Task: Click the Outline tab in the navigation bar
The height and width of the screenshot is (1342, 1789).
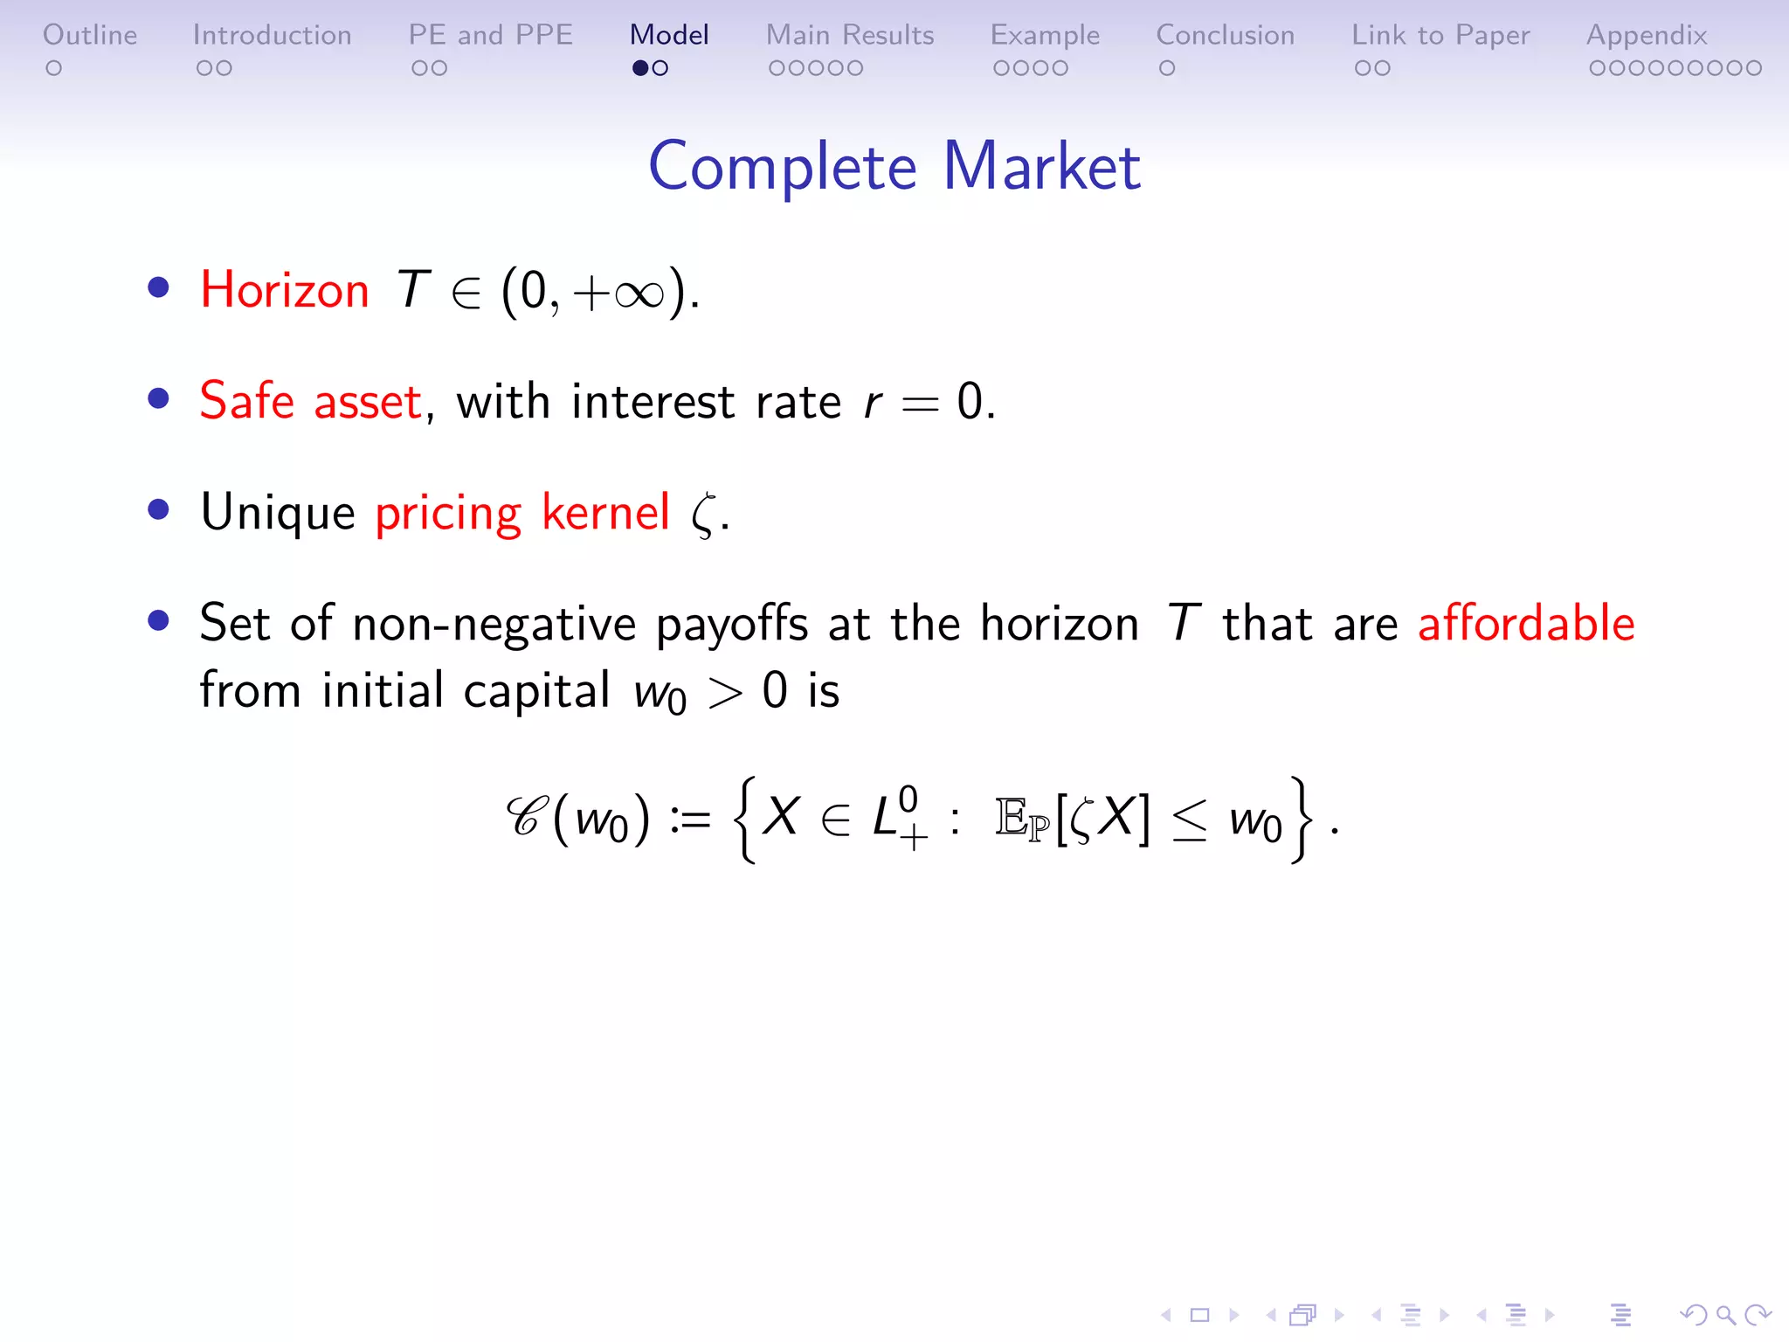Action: (90, 35)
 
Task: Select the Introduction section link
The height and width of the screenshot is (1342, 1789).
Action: (272, 35)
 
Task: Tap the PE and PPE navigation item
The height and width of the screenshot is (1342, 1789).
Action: (490, 35)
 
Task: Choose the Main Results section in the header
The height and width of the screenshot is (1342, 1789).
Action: (850, 35)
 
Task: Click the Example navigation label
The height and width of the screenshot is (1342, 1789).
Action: (1045, 35)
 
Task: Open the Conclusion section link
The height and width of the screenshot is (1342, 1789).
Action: (1225, 35)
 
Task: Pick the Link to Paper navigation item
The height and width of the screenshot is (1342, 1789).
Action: (1440, 35)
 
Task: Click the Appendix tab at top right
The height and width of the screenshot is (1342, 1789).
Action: (1647, 35)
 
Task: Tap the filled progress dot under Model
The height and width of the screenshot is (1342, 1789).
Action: (640, 68)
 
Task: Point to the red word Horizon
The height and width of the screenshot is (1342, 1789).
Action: (285, 290)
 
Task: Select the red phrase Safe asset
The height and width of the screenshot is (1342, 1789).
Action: (311, 402)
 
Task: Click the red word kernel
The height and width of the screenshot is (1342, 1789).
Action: (605, 512)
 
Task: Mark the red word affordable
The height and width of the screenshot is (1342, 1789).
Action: (1525, 624)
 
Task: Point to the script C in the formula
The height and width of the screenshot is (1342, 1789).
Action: (528, 818)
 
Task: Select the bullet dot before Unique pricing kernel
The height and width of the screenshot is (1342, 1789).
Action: (158, 510)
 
